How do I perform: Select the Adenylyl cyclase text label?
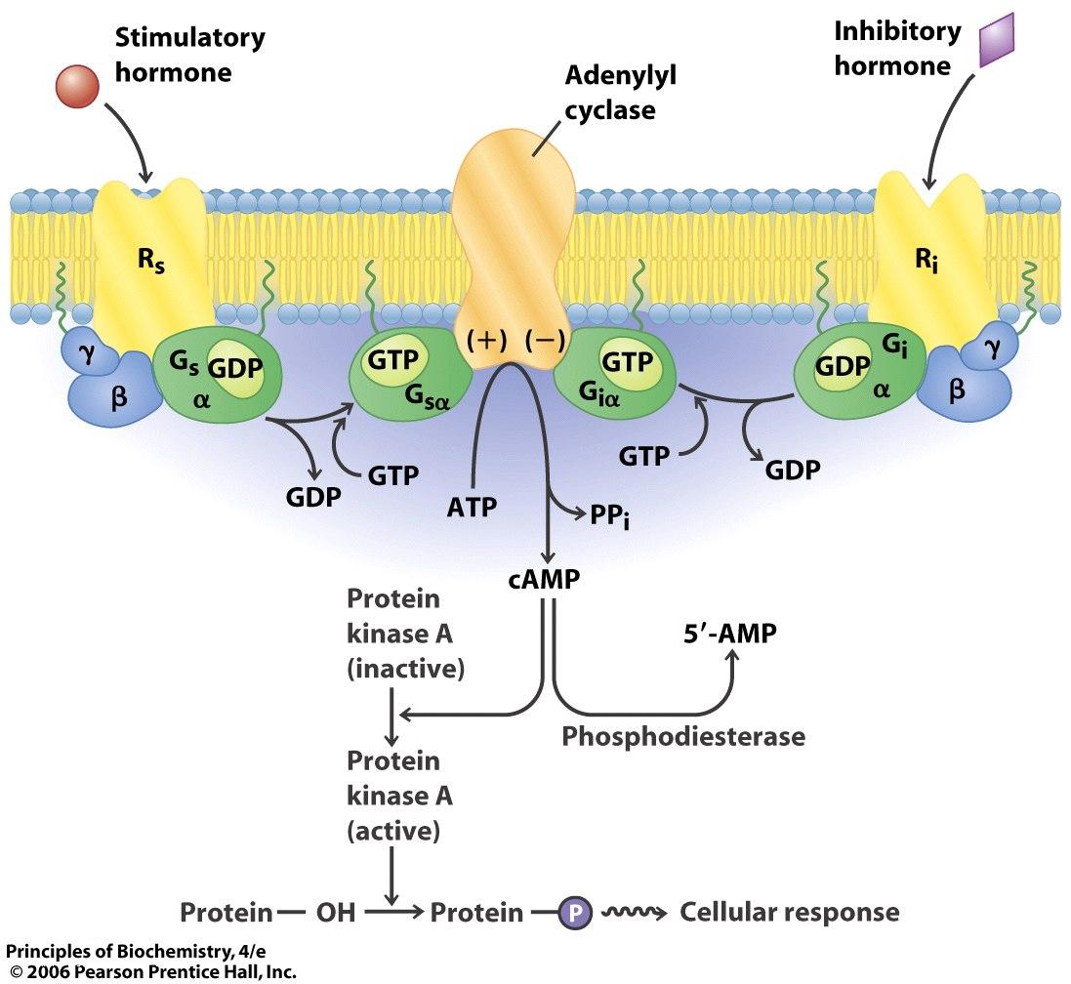pyautogui.click(x=611, y=93)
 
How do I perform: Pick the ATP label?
pyautogui.click(x=472, y=507)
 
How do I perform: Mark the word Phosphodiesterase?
pyautogui.click(x=682, y=736)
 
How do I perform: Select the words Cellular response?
pyautogui.click(x=789, y=913)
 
